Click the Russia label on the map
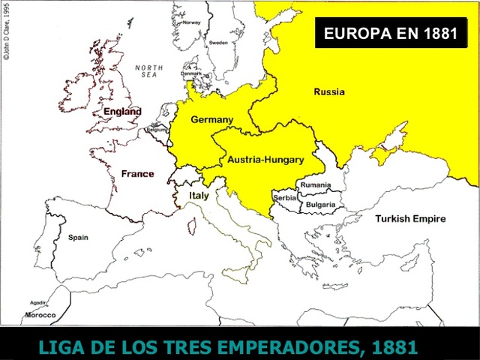coord(329,92)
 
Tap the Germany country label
coord(211,120)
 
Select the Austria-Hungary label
coord(265,160)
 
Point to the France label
coord(137,174)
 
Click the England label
coord(122,112)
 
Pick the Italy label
coord(199,196)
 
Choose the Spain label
coord(78,238)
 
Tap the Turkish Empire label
coord(410,219)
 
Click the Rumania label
coord(315,184)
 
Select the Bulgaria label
coord(320,204)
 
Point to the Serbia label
coord(285,198)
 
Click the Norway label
coord(192,22)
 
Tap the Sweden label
coord(218,43)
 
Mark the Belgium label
coord(156,130)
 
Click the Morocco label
coord(40,315)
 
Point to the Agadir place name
coord(38,302)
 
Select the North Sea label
coord(148,72)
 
